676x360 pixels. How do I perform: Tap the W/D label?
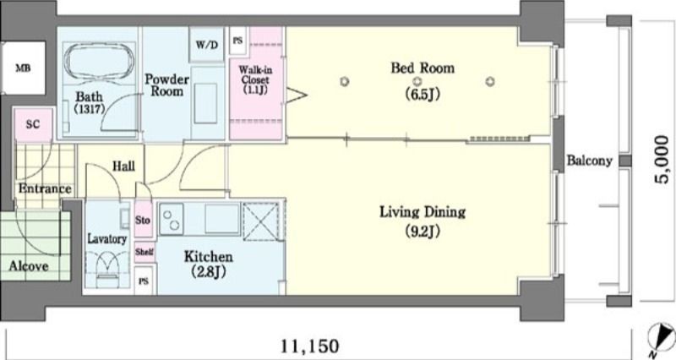[x=207, y=45]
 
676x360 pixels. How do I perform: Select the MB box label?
[x=24, y=68]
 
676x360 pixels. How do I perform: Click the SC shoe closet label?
[x=33, y=124]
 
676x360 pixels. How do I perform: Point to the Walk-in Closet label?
[x=256, y=79]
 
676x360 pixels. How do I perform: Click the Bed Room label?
[x=422, y=68]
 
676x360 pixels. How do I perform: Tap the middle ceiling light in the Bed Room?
[x=417, y=81]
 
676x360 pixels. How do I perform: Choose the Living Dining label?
[x=422, y=212]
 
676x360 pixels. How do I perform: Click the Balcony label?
[x=589, y=161]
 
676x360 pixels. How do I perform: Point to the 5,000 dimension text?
[x=662, y=160]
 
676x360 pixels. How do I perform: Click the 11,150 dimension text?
[x=310, y=346]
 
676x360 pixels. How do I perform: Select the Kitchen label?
[x=209, y=257]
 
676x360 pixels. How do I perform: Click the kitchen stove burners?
[x=172, y=220]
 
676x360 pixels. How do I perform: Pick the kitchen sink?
[x=222, y=219]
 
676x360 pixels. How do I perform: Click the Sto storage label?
[x=143, y=221]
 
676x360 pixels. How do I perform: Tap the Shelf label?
[x=144, y=252]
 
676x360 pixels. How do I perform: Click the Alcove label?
[x=29, y=266]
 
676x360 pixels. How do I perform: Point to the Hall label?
[x=123, y=166]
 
